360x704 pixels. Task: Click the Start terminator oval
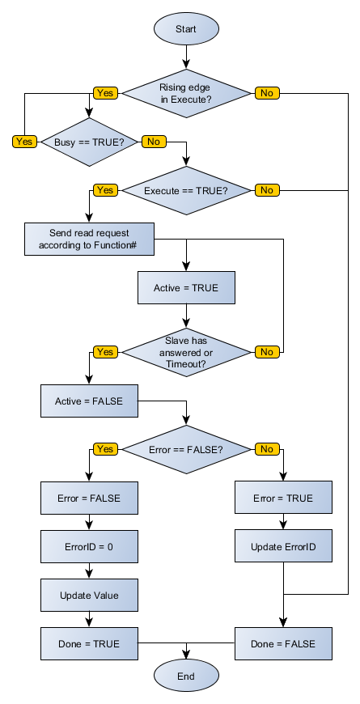[x=186, y=29]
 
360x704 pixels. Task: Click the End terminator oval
[x=186, y=675]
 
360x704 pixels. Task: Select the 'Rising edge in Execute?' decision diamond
[x=186, y=93]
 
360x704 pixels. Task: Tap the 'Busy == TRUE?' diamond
[x=89, y=142]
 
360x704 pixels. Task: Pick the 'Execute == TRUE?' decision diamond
[x=186, y=191]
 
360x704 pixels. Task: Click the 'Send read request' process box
[x=89, y=239]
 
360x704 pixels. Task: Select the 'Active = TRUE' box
[x=186, y=287]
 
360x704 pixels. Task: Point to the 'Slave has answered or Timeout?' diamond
[x=186, y=352]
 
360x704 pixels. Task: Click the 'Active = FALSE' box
[x=89, y=401]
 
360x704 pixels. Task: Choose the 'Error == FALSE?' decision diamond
[x=186, y=449]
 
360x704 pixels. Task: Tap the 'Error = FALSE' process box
[x=89, y=498]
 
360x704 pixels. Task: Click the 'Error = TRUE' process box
[x=283, y=498]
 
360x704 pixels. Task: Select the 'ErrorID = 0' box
[x=89, y=546]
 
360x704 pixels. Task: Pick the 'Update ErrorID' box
[x=283, y=546]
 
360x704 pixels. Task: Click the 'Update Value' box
[x=89, y=595]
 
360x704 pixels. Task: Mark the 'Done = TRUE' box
[x=89, y=643]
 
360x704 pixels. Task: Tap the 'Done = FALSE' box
[x=283, y=643]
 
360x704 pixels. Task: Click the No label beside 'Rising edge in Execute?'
[x=266, y=93]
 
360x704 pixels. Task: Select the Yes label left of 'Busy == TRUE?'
[x=24, y=142]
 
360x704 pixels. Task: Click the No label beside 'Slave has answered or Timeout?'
[x=266, y=352]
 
